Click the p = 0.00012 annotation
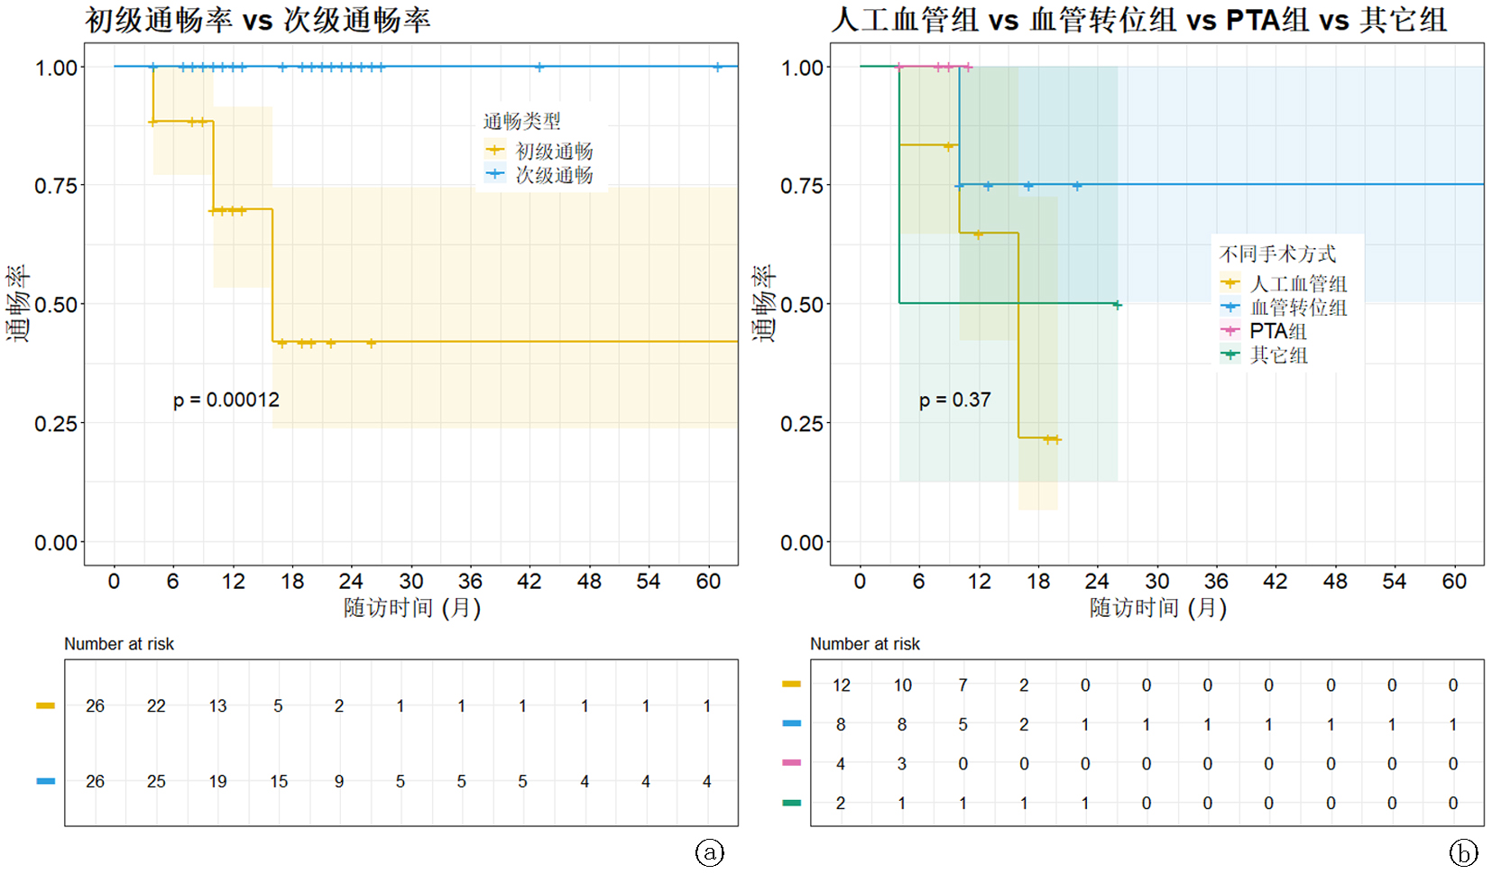[226, 400]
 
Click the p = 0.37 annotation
[954, 400]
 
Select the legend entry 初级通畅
[553, 151]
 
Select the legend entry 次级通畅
[553, 175]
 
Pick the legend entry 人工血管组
[1297, 283]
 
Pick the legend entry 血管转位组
[1297, 308]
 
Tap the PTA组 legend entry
[1277, 331]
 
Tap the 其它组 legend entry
[1277, 355]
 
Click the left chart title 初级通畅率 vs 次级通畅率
[258, 20]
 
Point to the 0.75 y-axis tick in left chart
[55, 186]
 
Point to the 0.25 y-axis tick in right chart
[801, 424]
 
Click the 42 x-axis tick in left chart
[530, 582]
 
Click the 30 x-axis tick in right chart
[1157, 582]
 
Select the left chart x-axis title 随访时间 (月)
[411, 608]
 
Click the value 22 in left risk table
[156, 706]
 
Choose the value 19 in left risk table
[217, 782]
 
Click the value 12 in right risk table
[842, 685]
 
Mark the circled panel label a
[710, 852]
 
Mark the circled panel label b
[1463, 852]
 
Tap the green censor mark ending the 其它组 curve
[1117, 305]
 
